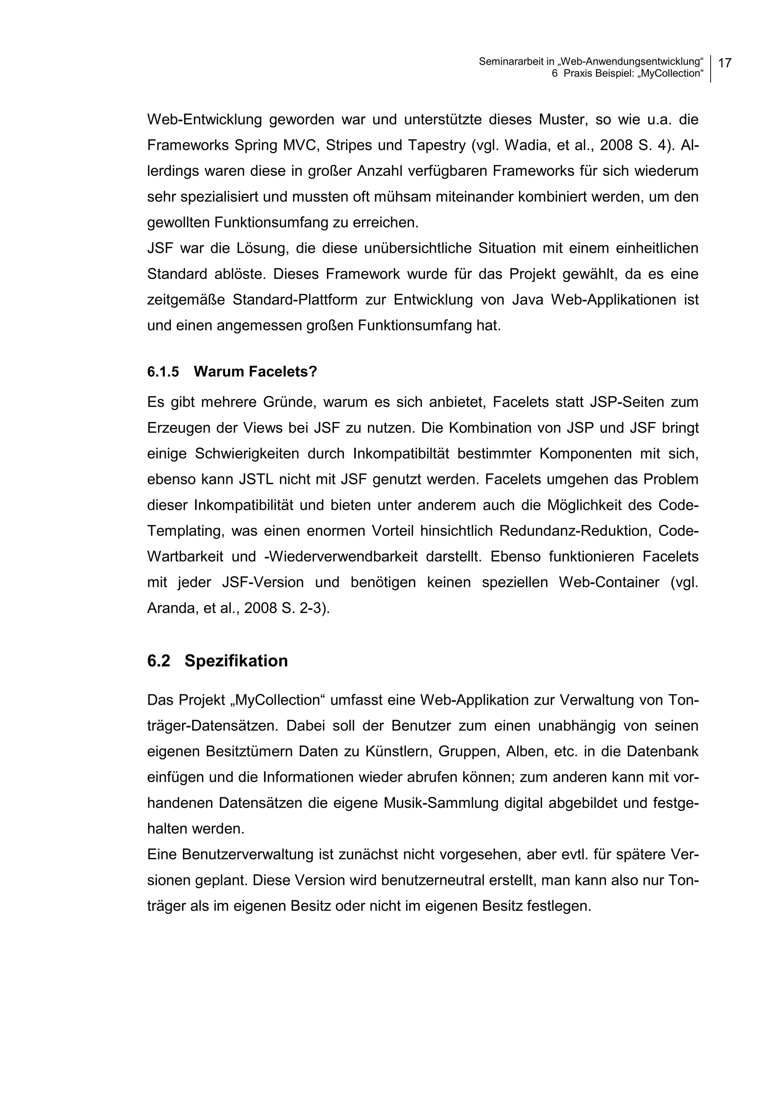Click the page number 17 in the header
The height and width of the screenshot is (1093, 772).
click(725, 63)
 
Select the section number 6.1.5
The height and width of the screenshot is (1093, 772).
click(163, 372)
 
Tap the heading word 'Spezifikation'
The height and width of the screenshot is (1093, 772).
click(236, 661)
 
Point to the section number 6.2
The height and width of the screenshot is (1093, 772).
click(158, 661)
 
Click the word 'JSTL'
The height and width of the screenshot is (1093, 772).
click(256, 479)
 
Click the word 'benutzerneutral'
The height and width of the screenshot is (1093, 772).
click(429, 880)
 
